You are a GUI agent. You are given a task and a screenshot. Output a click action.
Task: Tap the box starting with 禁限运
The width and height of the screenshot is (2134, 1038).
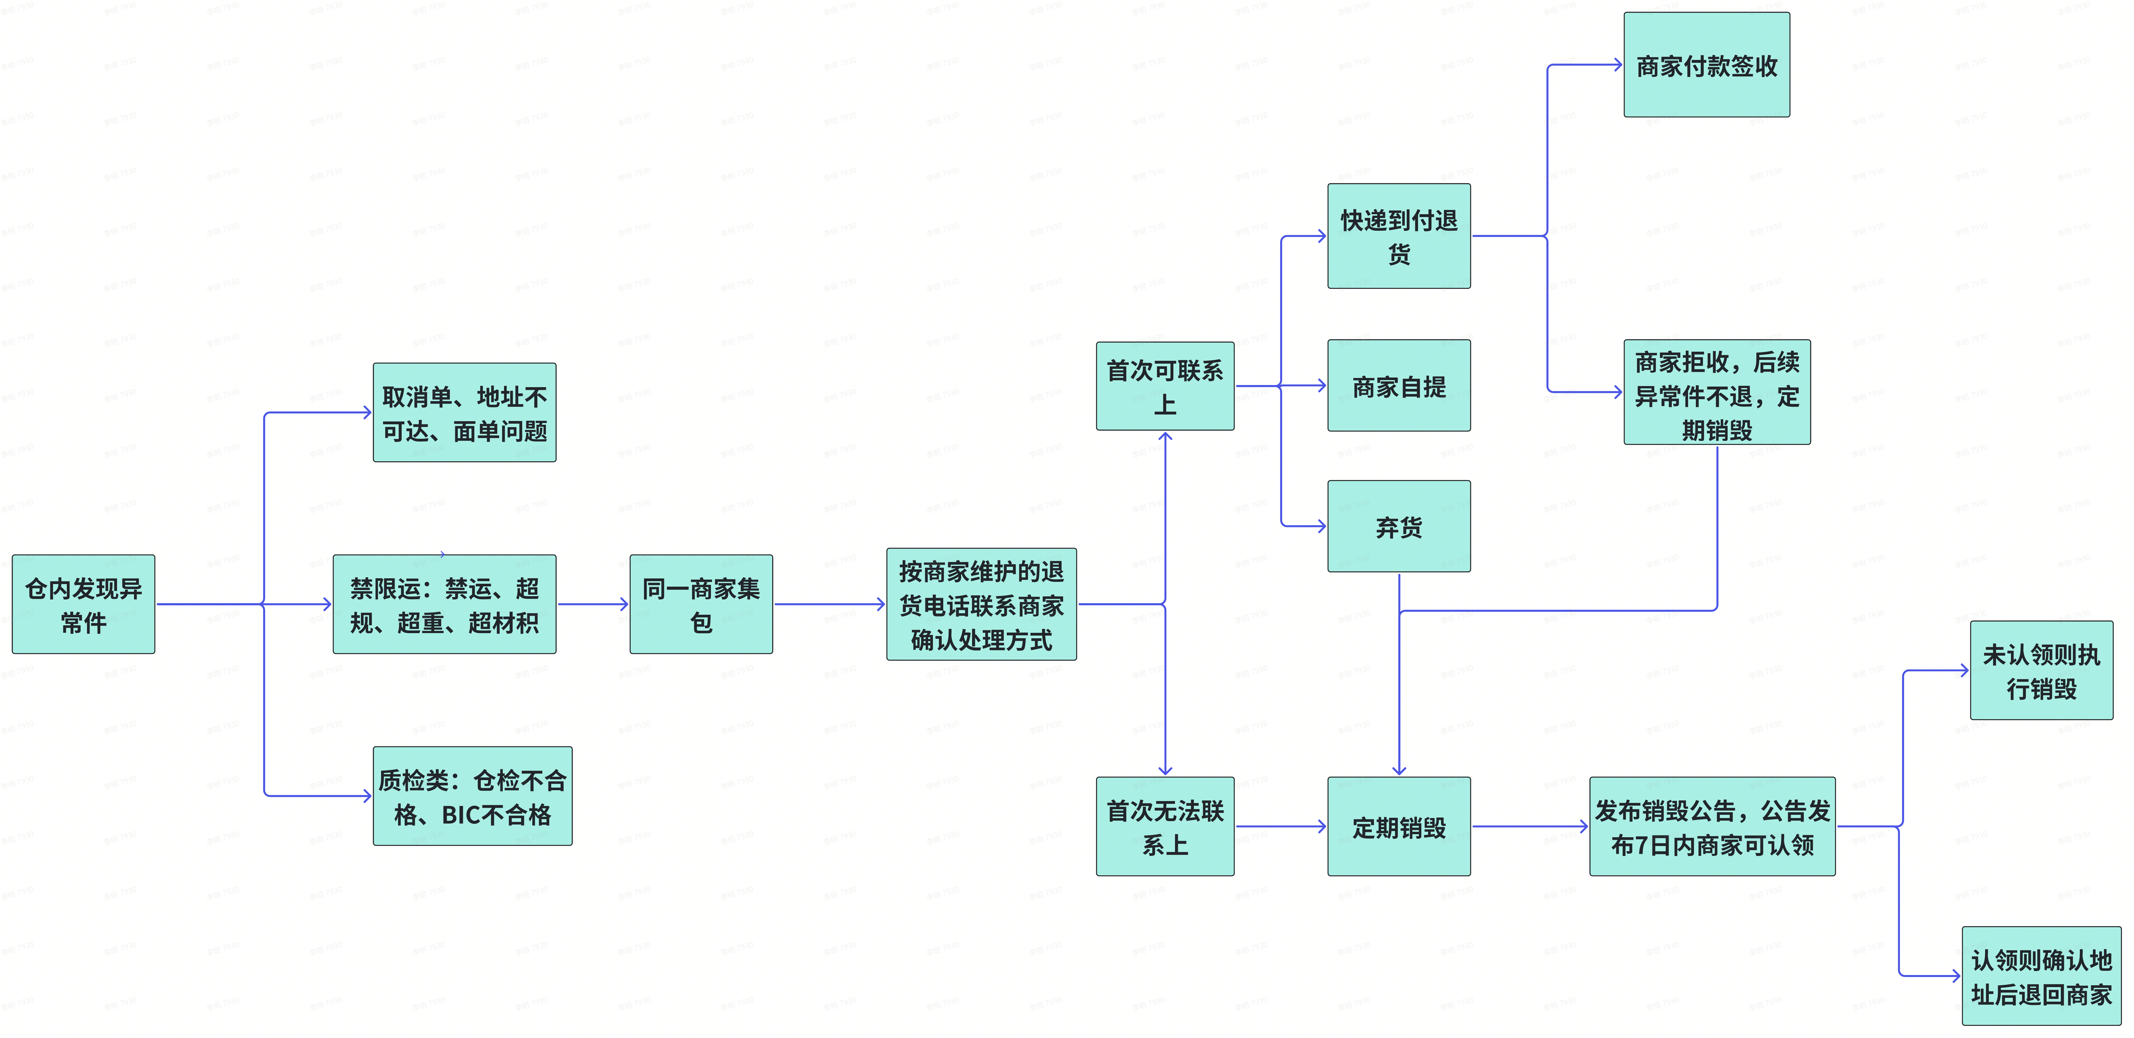coord(444,605)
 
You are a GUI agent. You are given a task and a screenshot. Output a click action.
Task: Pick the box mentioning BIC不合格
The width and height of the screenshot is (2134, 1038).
coord(472,796)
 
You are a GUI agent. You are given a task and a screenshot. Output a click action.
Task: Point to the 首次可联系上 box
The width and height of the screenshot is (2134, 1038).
coord(1165,386)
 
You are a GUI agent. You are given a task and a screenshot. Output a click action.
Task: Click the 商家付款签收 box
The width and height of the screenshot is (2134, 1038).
coord(1706,65)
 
